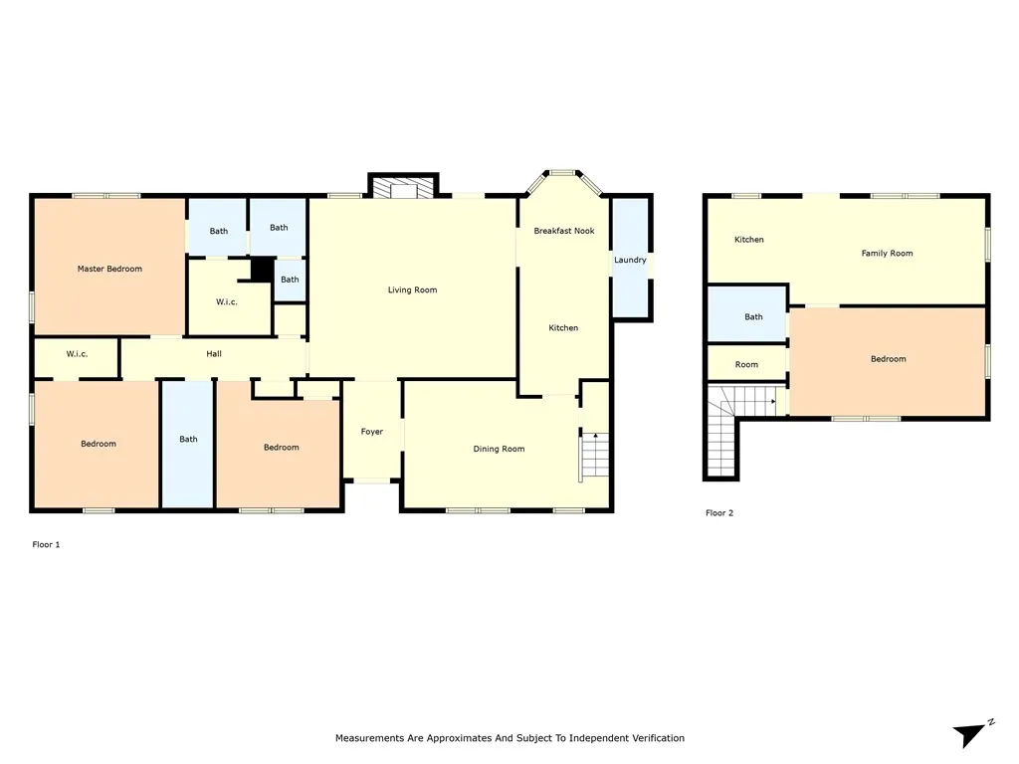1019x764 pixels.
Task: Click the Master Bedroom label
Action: [x=109, y=269]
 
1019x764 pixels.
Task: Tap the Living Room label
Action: [x=412, y=289]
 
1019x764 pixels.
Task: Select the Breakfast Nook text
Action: [x=564, y=231]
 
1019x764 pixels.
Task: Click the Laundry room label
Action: [x=630, y=260]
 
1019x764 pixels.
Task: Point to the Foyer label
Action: [x=372, y=432]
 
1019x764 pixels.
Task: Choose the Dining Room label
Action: [x=499, y=449]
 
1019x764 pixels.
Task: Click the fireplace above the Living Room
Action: [x=404, y=187]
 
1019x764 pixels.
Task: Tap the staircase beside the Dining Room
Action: [x=595, y=455]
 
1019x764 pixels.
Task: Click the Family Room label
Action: [x=887, y=253]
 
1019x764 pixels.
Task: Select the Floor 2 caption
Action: [x=719, y=512]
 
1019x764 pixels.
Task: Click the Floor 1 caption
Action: [x=46, y=544]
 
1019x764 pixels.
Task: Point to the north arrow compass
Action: [x=972, y=734]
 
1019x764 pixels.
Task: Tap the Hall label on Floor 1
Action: [x=214, y=354]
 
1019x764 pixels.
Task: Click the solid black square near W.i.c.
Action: [x=262, y=269]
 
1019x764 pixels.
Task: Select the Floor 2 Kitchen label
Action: [x=748, y=239]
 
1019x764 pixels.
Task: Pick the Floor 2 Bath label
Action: [x=753, y=317]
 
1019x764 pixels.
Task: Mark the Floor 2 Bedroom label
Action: [x=888, y=358]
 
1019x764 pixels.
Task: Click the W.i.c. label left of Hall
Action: [x=77, y=354]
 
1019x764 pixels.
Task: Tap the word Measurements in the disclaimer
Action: [x=369, y=738]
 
